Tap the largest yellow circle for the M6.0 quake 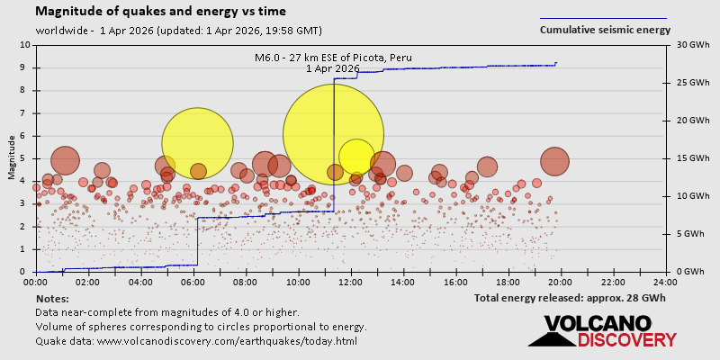click(334, 134)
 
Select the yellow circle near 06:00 click(197, 143)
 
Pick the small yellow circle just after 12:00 click(356, 156)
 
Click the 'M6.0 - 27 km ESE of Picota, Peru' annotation click(333, 58)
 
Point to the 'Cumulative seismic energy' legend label click(605, 30)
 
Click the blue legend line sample click(603, 18)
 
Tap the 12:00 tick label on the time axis click(351, 282)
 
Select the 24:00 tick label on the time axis click(665, 282)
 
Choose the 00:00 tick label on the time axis click(37, 282)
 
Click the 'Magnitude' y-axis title click(11, 158)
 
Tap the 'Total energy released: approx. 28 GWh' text click(570, 298)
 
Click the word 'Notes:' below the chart click(51, 298)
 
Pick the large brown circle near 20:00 click(555, 161)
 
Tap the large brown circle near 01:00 click(64, 161)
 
